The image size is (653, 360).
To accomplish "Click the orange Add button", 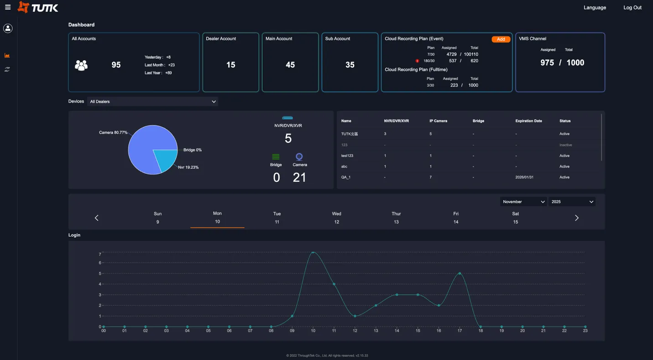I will [501, 39].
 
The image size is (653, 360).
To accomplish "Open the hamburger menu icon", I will [8, 7].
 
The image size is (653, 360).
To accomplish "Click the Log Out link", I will [632, 7].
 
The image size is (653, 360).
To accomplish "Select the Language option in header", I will [595, 7].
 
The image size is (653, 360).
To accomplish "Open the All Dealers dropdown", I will [152, 102].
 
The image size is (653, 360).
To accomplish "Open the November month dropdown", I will [523, 202].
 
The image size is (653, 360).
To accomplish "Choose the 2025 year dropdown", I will [572, 202].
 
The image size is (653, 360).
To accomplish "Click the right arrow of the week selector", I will [576, 218].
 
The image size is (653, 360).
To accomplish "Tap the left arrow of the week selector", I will [96, 218].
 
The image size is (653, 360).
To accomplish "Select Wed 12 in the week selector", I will [336, 218].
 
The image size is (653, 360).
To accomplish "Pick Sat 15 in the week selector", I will [515, 218].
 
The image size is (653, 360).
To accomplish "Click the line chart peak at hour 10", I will [313, 252].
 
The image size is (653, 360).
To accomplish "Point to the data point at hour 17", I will [460, 274].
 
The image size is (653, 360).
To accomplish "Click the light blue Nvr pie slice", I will [164, 159].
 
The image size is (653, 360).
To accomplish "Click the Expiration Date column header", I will [528, 121].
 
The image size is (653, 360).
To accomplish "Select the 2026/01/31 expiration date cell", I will [524, 177].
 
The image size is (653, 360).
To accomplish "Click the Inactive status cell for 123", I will [565, 145].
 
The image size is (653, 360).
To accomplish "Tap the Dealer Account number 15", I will [230, 65].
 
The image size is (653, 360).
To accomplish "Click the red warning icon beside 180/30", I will [417, 61].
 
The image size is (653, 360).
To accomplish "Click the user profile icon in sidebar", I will [8, 28].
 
